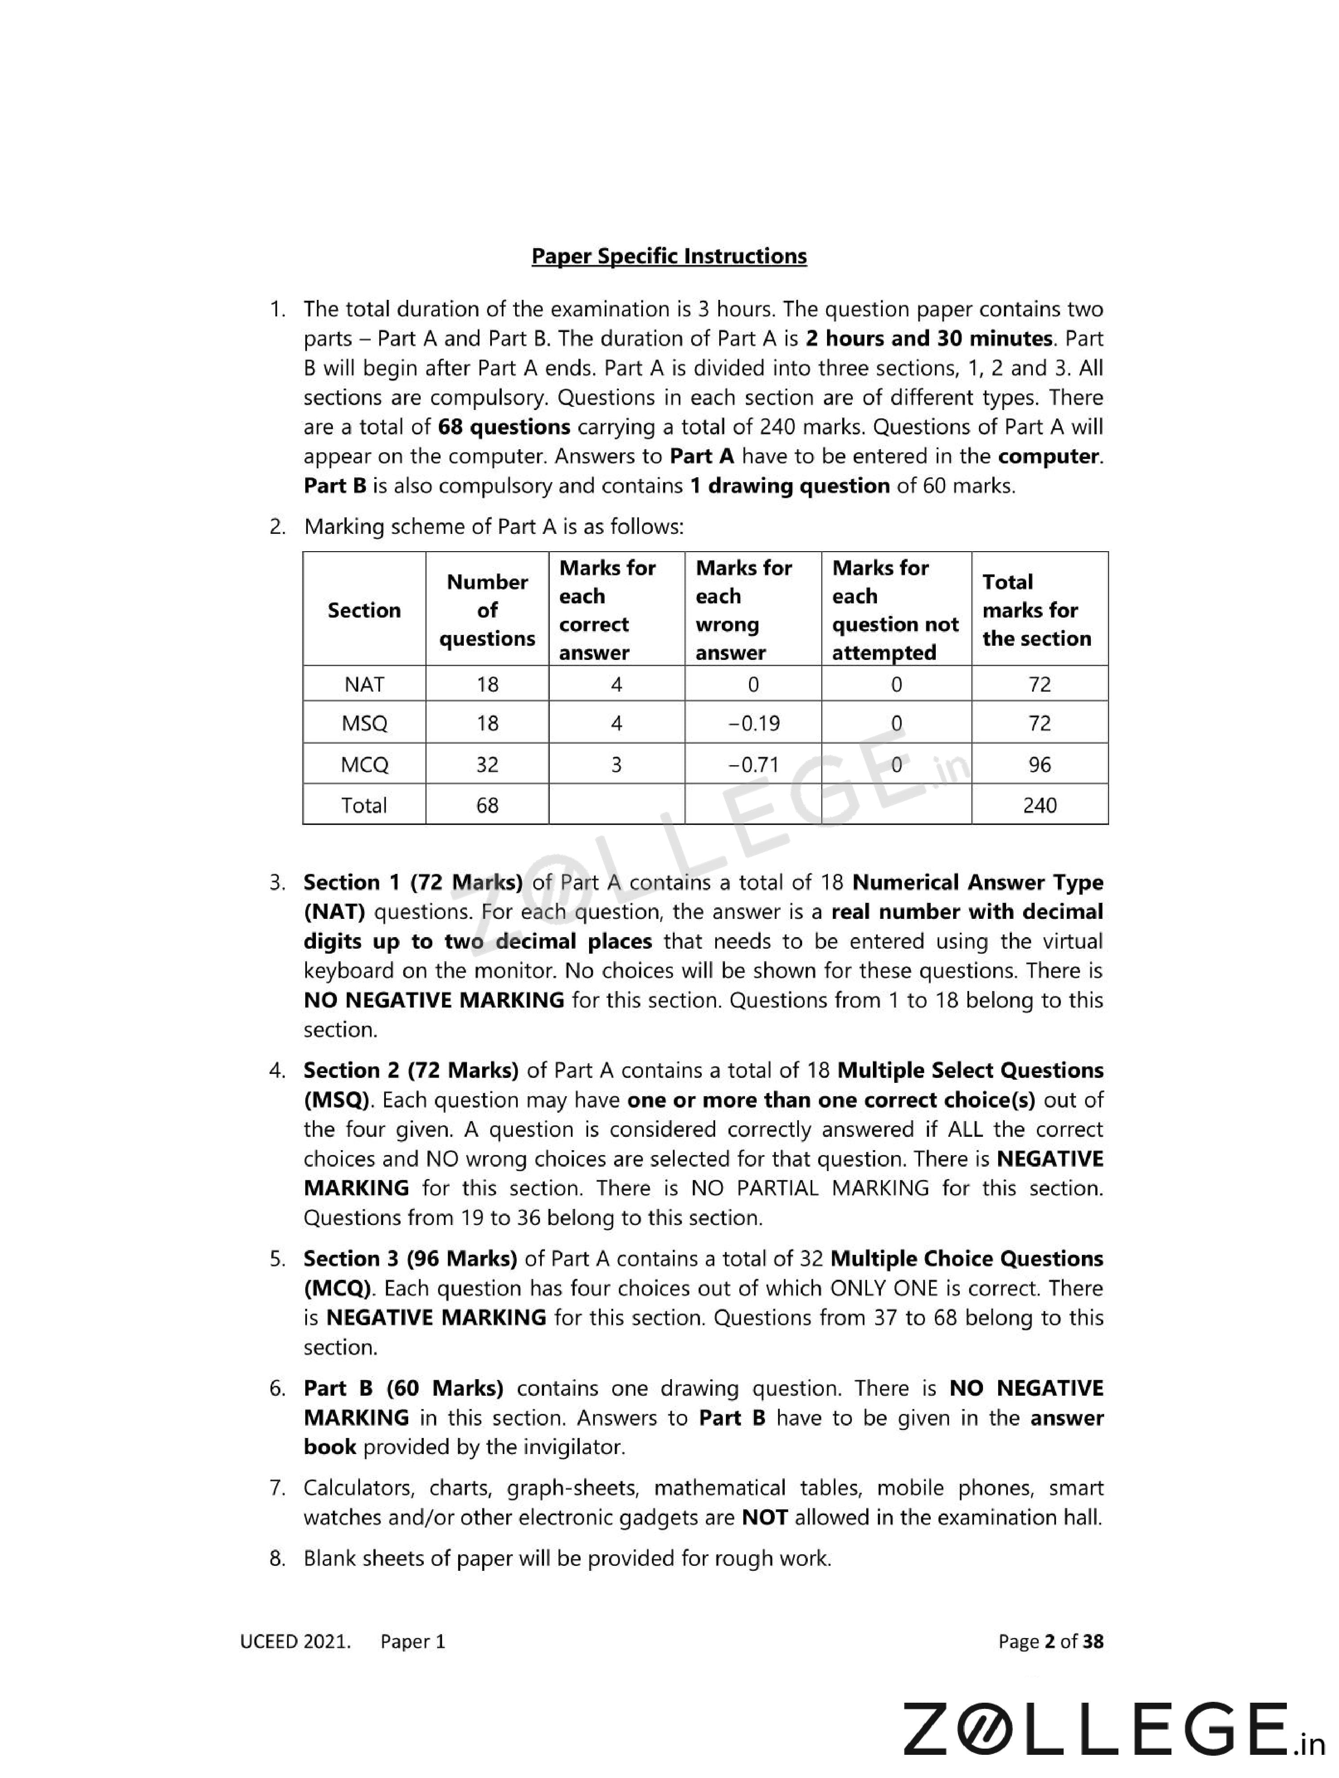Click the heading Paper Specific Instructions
coord(669,256)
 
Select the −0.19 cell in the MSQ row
coord(753,723)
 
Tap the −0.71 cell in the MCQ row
coord(753,764)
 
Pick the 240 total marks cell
coord(1039,805)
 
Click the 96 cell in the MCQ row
coord(1039,764)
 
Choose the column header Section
coord(364,610)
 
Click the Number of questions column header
coord(487,610)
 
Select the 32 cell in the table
coord(487,764)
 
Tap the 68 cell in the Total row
coord(487,805)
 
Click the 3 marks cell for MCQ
coord(616,764)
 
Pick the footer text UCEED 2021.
coord(295,1641)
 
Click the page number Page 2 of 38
coord(1050,1641)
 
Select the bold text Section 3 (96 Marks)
coord(410,1259)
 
